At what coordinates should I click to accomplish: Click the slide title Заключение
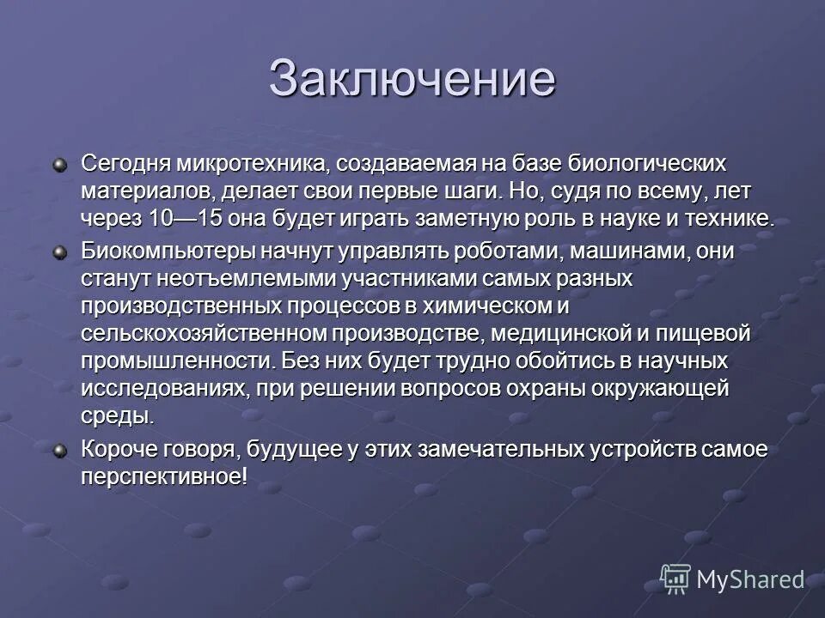pos(412,79)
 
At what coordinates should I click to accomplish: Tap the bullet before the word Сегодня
pos(59,163)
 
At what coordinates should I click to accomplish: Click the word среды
pos(118,417)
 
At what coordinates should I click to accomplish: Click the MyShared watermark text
pos(749,579)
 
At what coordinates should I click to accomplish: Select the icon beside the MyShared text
pos(675,579)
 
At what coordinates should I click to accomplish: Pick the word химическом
pos(475,306)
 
